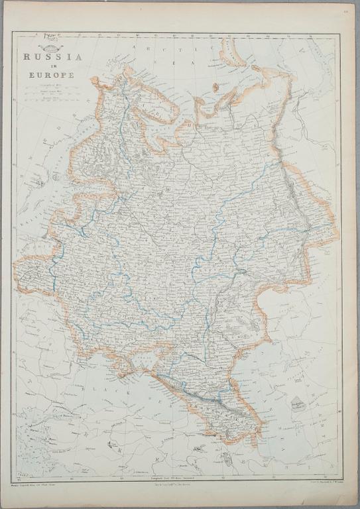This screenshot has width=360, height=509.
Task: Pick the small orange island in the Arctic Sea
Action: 215,87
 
